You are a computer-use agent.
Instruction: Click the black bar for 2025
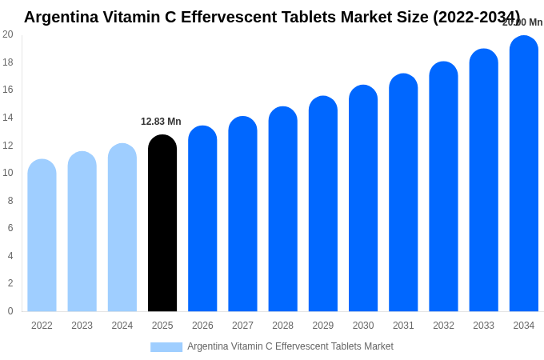click(x=162, y=223)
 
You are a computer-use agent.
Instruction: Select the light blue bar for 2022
click(x=42, y=235)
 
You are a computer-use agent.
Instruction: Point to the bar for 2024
click(x=122, y=227)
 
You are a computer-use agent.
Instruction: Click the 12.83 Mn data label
click(x=161, y=122)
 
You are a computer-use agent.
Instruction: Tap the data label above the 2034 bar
click(x=522, y=22)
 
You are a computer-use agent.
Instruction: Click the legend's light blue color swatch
click(x=166, y=346)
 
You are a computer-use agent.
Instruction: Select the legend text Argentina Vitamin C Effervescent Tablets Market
click(x=290, y=346)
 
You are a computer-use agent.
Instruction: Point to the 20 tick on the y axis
click(x=8, y=34)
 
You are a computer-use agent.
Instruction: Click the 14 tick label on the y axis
click(x=8, y=118)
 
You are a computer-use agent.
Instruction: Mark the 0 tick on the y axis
click(x=10, y=311)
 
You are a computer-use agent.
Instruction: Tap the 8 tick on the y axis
click(x=10, y=201)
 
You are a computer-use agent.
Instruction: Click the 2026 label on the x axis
click(x=202, y=326)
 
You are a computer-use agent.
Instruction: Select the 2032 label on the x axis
click(x=443, y=326)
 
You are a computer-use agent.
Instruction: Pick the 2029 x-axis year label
click(x=323, y=326)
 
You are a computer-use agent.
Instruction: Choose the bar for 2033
click(x=483, y=180)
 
